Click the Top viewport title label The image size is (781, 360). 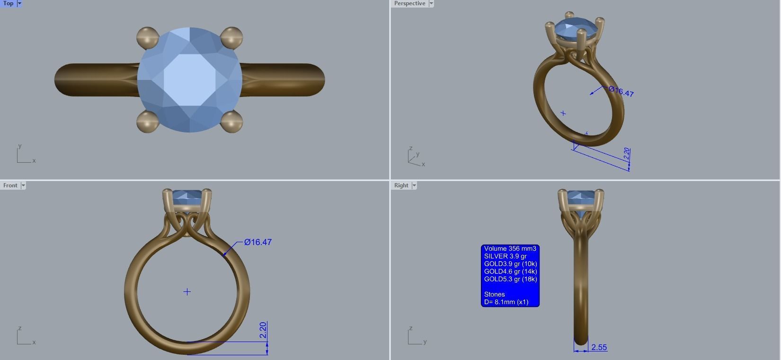[x=9, y=3]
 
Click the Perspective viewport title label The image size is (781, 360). [x=409, y=3]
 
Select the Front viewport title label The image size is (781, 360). [x=10, y=185]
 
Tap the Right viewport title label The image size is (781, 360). [x=401, y=185]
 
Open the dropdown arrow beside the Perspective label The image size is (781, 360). [x=431, y=3]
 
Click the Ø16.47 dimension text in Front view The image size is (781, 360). [x=258, y=242]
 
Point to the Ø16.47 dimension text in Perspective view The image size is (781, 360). [x=621, y=91]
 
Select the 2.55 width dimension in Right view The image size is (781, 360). [x=599, y=347]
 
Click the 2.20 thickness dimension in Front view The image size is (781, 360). [x=263, y=330]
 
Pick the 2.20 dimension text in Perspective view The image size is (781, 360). [x=627, y=153]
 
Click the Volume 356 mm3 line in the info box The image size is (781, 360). [x=510, y=249]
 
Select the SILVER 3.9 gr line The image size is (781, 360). [x=505, y=256]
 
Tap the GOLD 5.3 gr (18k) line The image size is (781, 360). [x=510, y=279]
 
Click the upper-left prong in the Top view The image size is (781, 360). [x=147, y=37]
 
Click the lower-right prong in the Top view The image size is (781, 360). [x=231, y=122]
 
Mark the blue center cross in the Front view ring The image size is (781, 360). [x=187, y=292]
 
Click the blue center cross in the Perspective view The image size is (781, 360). [x=563, y=114]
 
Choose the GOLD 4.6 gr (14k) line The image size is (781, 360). [x=510, y=272]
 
